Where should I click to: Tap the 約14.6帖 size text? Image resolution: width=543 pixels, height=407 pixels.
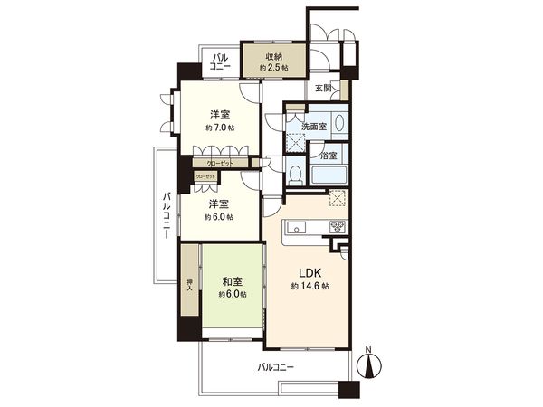pos(310,286)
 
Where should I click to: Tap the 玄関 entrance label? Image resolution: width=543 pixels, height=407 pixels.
pos(323,89)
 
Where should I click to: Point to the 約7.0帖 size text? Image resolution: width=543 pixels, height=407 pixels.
pos(219,128)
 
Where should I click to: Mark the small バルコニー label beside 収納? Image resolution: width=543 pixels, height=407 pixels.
pos(220,62)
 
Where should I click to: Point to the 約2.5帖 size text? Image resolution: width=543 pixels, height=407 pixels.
pos(272,68)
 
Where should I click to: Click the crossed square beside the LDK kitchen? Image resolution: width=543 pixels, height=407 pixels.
pos(336,199)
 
